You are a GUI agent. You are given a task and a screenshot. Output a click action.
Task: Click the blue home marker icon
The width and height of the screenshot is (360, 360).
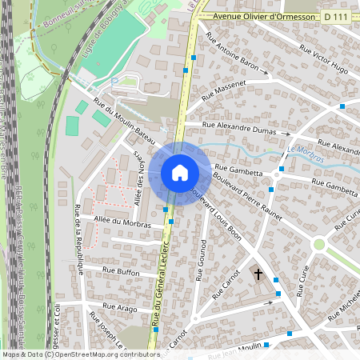[x=179, y=172]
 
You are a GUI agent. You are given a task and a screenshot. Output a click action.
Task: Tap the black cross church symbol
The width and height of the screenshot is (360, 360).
[x=258, y=274]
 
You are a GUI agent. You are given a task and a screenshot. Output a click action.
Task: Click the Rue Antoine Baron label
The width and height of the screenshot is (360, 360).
[x=233, y=56]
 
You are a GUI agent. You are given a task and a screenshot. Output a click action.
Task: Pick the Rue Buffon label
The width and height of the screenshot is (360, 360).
[x=121, y=271]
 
